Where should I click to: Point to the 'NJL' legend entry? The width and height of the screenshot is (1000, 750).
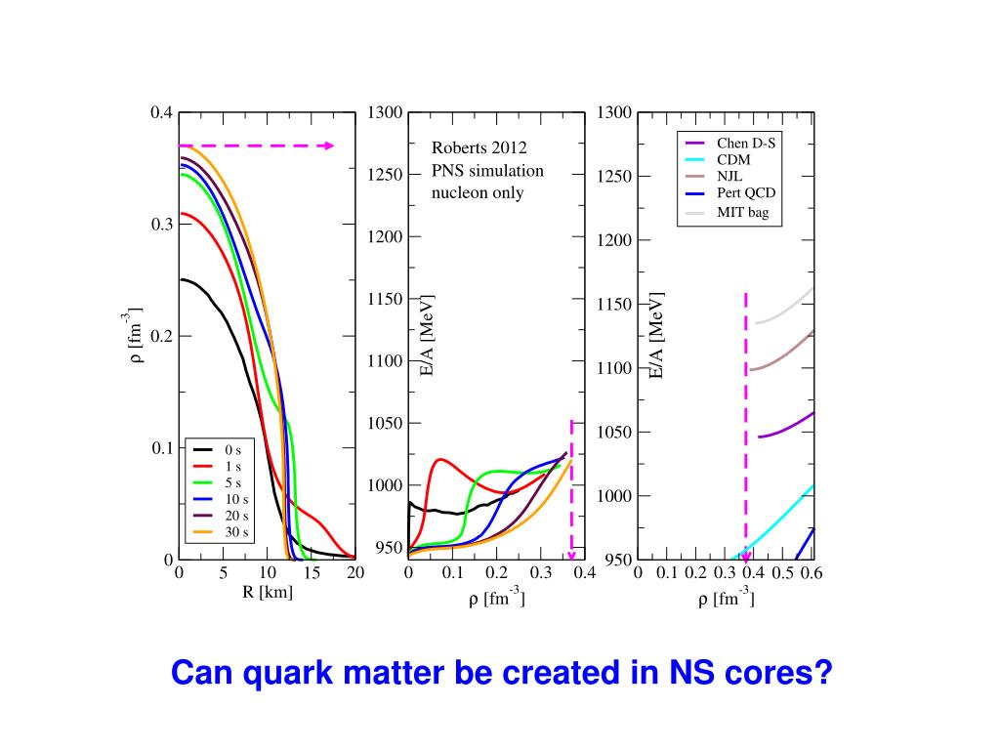[x=729, y=177]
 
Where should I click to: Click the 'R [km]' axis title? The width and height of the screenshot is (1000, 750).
[x=268, y=592]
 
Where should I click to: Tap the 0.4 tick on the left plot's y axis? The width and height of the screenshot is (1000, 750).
[x=161, y=112]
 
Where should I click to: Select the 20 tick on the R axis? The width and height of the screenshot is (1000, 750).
[x=355, y=573]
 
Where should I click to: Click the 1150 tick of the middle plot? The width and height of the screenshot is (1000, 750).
[x=386, y=299]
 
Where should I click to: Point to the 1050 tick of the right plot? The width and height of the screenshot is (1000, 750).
[x=614, y=433]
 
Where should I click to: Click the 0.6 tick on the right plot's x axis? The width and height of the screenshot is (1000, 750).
[x=812, y=573]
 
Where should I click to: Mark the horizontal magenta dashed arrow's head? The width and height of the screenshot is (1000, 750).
[x=330, y=146]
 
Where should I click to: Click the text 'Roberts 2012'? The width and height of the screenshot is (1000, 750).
[x=479, y=148]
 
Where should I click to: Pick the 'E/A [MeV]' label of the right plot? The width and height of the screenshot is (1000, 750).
[x=657, y=335]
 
